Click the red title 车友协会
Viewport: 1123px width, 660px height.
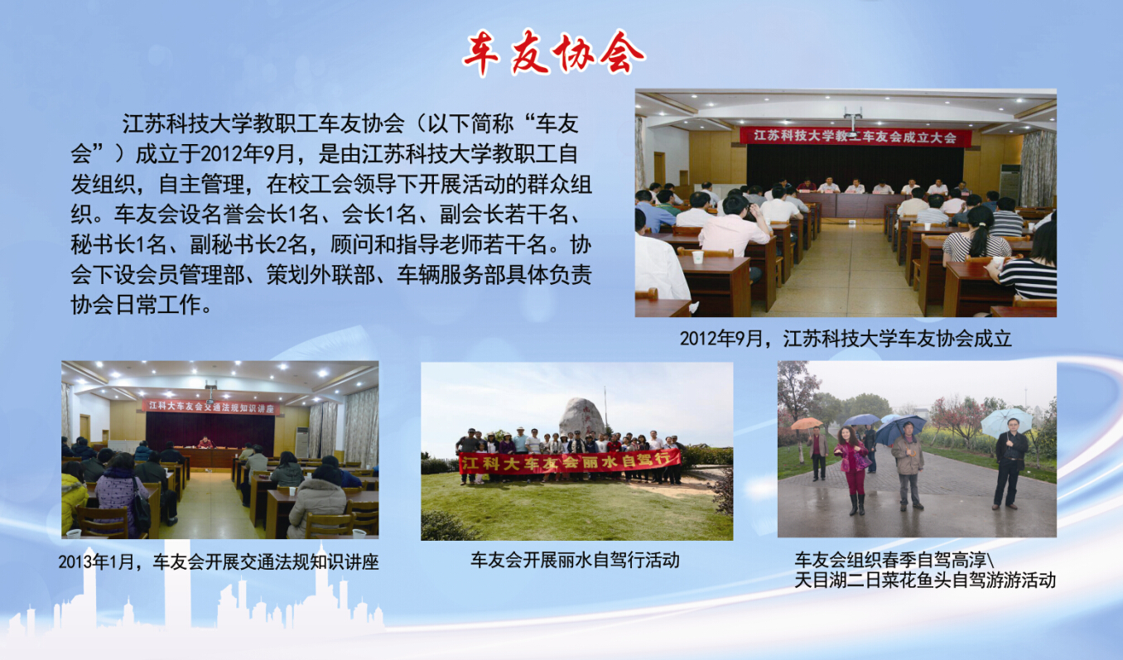[553, 53]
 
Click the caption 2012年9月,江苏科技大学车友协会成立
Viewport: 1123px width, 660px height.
[846, 340]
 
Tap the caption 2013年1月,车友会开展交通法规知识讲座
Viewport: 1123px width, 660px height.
[218, 562]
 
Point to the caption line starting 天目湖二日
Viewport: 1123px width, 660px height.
[925, 581]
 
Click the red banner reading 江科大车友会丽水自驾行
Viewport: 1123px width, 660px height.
[570, 461]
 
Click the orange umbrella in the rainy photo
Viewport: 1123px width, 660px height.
[806, 423]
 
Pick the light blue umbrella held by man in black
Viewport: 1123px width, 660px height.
[1006, 421]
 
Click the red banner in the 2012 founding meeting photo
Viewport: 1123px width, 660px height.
[856, 137]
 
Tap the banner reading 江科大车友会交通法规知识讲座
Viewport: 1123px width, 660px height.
[211, 407]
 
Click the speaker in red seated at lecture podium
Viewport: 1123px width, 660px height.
[205, 442]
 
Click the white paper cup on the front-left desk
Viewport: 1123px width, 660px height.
[698, 257]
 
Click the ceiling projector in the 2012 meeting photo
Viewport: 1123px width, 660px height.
[852, 120]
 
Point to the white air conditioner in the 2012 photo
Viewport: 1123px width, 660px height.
[1010, 183]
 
